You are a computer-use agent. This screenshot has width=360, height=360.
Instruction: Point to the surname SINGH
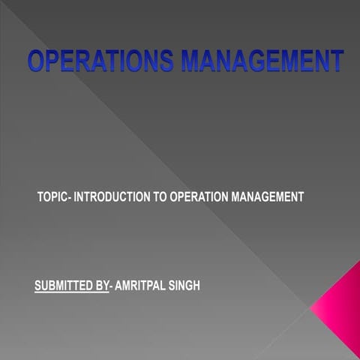[184, 286]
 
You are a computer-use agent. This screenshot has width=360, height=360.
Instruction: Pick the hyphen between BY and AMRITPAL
[111, 286]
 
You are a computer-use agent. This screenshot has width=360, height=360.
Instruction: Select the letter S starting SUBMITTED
[38, 286]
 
